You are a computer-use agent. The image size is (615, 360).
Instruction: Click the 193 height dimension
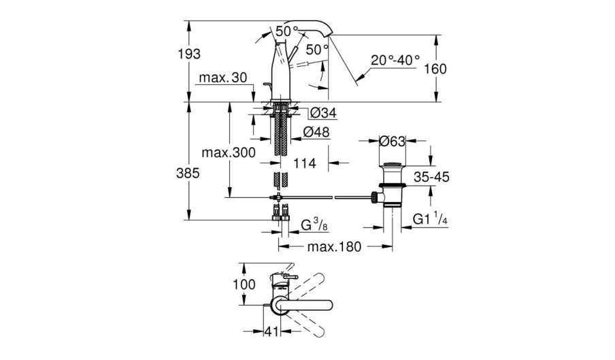point(189,54)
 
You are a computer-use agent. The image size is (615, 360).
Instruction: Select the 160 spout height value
point(435,69)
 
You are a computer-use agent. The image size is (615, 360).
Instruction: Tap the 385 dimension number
point(188,173)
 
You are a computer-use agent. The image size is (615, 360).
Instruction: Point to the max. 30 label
point(223,78)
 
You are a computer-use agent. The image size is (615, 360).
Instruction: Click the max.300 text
point(229,152)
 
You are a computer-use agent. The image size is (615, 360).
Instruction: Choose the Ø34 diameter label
point(323,114)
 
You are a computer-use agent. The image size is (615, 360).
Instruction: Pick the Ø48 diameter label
point(316,132)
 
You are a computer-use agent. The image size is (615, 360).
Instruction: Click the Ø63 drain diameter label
point(393,141)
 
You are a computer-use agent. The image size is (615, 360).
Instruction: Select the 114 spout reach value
point(305,163)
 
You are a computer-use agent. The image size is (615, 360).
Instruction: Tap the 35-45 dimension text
point(431,177)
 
